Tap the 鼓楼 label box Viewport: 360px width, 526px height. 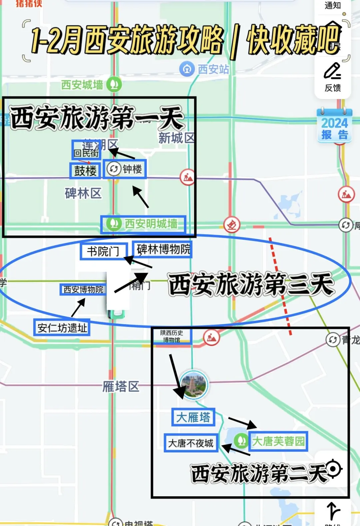(x=85, y=171)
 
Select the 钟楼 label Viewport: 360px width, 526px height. (x=125, y=169)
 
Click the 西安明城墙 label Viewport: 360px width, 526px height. (x=144, y=224)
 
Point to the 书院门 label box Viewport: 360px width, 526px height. (x=104, y=251)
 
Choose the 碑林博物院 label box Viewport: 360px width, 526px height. (x=163, y=249)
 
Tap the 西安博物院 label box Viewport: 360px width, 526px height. (x=83, y=290)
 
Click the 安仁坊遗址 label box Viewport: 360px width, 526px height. (x=62, y=328)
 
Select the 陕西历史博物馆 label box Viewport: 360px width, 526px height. (x=172, y=336)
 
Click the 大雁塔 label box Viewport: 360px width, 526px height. (x=193, y=417)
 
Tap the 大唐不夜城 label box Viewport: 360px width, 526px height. (x=191, y=443)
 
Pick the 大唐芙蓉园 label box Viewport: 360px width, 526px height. (x=278, y=441)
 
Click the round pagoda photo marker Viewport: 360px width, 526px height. (x=194, y=385)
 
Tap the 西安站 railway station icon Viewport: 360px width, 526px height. (x=187, y=69)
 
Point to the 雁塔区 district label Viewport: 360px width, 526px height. (x=121, y=387)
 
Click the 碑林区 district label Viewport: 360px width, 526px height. (x=83, y=193)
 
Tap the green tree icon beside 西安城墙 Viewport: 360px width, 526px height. (x=114, y=84)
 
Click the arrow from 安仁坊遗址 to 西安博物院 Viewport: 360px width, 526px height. (x=78, y=307)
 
